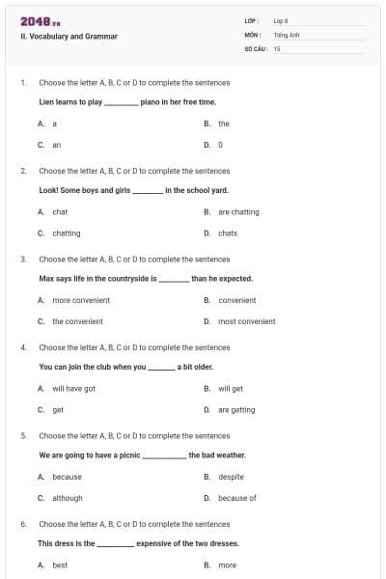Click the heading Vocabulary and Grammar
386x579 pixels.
point(69,37)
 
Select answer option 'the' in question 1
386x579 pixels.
point(224,124)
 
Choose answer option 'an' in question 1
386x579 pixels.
point(56,145)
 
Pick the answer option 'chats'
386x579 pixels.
point(228,234)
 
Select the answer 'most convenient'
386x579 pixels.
point(246,321)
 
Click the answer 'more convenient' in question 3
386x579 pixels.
point(81,300)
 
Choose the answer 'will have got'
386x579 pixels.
point(73,389)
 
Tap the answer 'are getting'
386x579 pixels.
point(236,410)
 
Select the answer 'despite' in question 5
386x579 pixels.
point(231,477)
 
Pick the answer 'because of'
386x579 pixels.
point(237,498)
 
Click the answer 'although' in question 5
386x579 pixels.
point(68,498)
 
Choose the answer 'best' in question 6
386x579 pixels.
point(60,565)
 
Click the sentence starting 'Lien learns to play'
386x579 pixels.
point(127,101)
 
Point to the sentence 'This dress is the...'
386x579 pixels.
point(138,543)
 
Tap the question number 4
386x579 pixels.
point(23,347)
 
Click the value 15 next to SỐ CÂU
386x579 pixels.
point(277,47)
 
